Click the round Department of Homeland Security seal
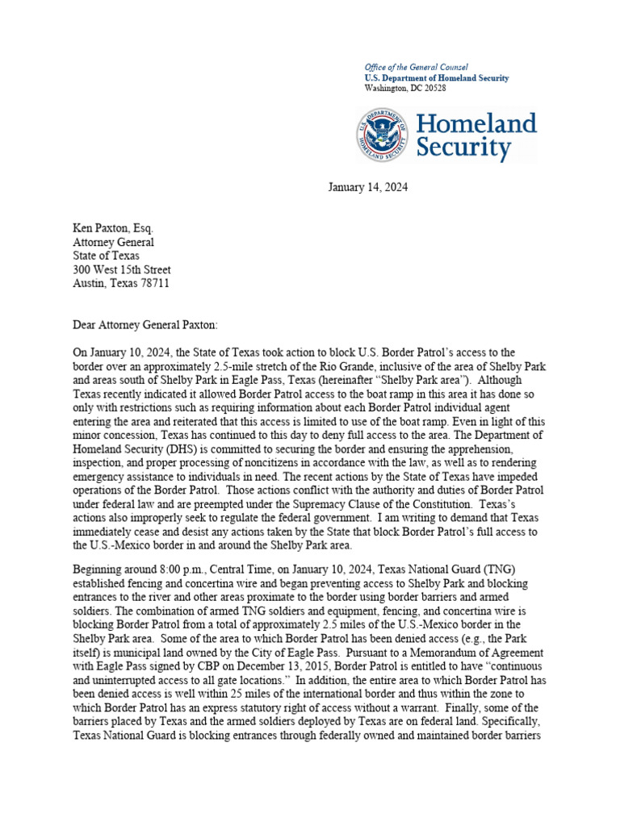coord(383,135)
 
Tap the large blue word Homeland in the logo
coord(475,123)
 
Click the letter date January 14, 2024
coord(367,187)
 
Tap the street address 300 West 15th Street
coord(122,269)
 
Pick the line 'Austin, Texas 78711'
coord(121,283)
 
